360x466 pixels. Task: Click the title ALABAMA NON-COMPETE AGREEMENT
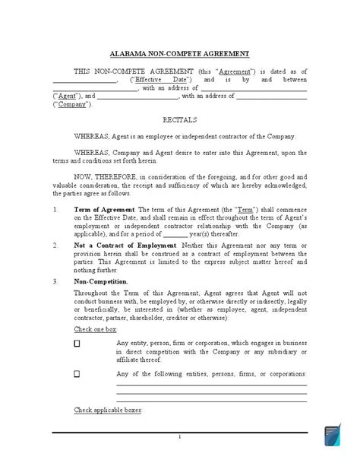pyautogui.click(x=180, y=55)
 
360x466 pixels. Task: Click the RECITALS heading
pyautogui.click(x=179, y=120)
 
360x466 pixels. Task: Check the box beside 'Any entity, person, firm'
pyautogui.click(x=77, y=343)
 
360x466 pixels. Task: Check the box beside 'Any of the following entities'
pyautogui.click(x=77, y=375)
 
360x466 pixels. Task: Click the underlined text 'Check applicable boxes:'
pyautogui.click(x=108, y=411)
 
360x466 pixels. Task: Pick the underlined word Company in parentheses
pyautogui.click(x=71, y=105)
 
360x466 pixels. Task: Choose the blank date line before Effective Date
pyautogui.click(x=84, y=79)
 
